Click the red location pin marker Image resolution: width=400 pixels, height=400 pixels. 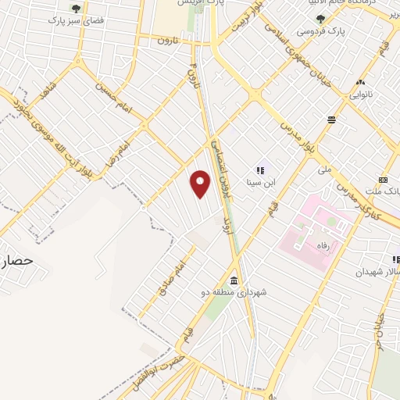pos(201,183)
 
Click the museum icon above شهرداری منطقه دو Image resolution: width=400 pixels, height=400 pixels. pos(234,280)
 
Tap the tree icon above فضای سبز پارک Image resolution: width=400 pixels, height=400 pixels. pos(77,8)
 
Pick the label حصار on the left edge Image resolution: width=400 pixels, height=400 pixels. pos(15,262)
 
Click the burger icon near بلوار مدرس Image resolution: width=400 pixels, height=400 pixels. pos(332,120)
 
